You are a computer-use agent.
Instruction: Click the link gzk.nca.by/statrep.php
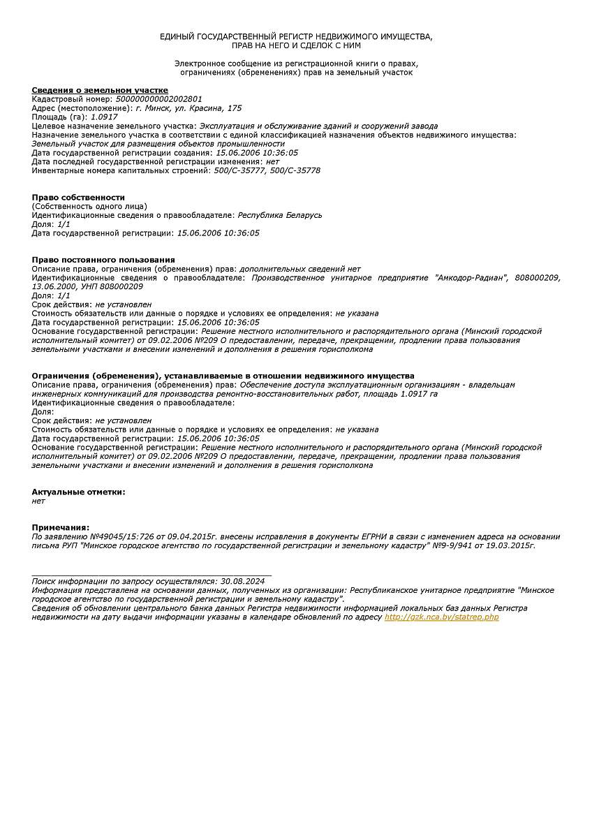pos(441,617)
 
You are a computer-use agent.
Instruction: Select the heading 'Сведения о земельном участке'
pos(100,90)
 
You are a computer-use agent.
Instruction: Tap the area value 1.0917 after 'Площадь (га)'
pos(104,117)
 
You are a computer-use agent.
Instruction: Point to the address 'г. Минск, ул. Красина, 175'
pos(188,108)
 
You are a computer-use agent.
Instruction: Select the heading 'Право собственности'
pos(78,198)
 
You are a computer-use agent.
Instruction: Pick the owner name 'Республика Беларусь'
pos(280,215)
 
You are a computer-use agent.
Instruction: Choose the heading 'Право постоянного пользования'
pos(103,260)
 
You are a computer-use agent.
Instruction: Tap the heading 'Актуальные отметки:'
pos(78,492)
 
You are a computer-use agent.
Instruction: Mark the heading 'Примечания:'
pos(61,527)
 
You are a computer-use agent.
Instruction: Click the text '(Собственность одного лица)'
pos(89,206)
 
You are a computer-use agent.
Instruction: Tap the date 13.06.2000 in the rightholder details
pos(52,287)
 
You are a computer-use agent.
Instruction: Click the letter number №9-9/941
pos(452,545)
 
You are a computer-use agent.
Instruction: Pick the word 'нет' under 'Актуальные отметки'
pos(38,501)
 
